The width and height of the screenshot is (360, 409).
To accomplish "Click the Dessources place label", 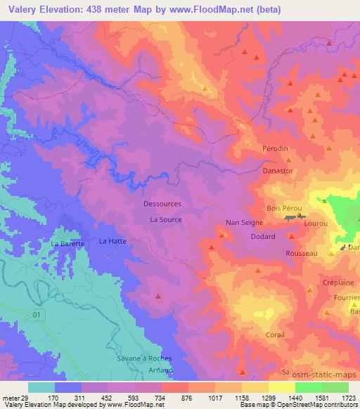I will click(162, 204).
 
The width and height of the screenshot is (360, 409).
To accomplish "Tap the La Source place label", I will click(166, 220).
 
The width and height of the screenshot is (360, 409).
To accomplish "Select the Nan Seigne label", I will click(244, 223).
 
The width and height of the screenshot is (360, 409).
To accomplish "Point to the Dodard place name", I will click(263, 238).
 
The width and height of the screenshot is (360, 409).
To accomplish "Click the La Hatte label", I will click(112, 241).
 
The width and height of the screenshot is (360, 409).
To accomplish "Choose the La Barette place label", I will click(67, 243).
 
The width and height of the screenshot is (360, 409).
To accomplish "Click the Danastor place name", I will click(276, 171).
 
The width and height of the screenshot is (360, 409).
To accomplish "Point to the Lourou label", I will click(316, 221).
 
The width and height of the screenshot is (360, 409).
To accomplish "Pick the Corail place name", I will click(276, 335).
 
